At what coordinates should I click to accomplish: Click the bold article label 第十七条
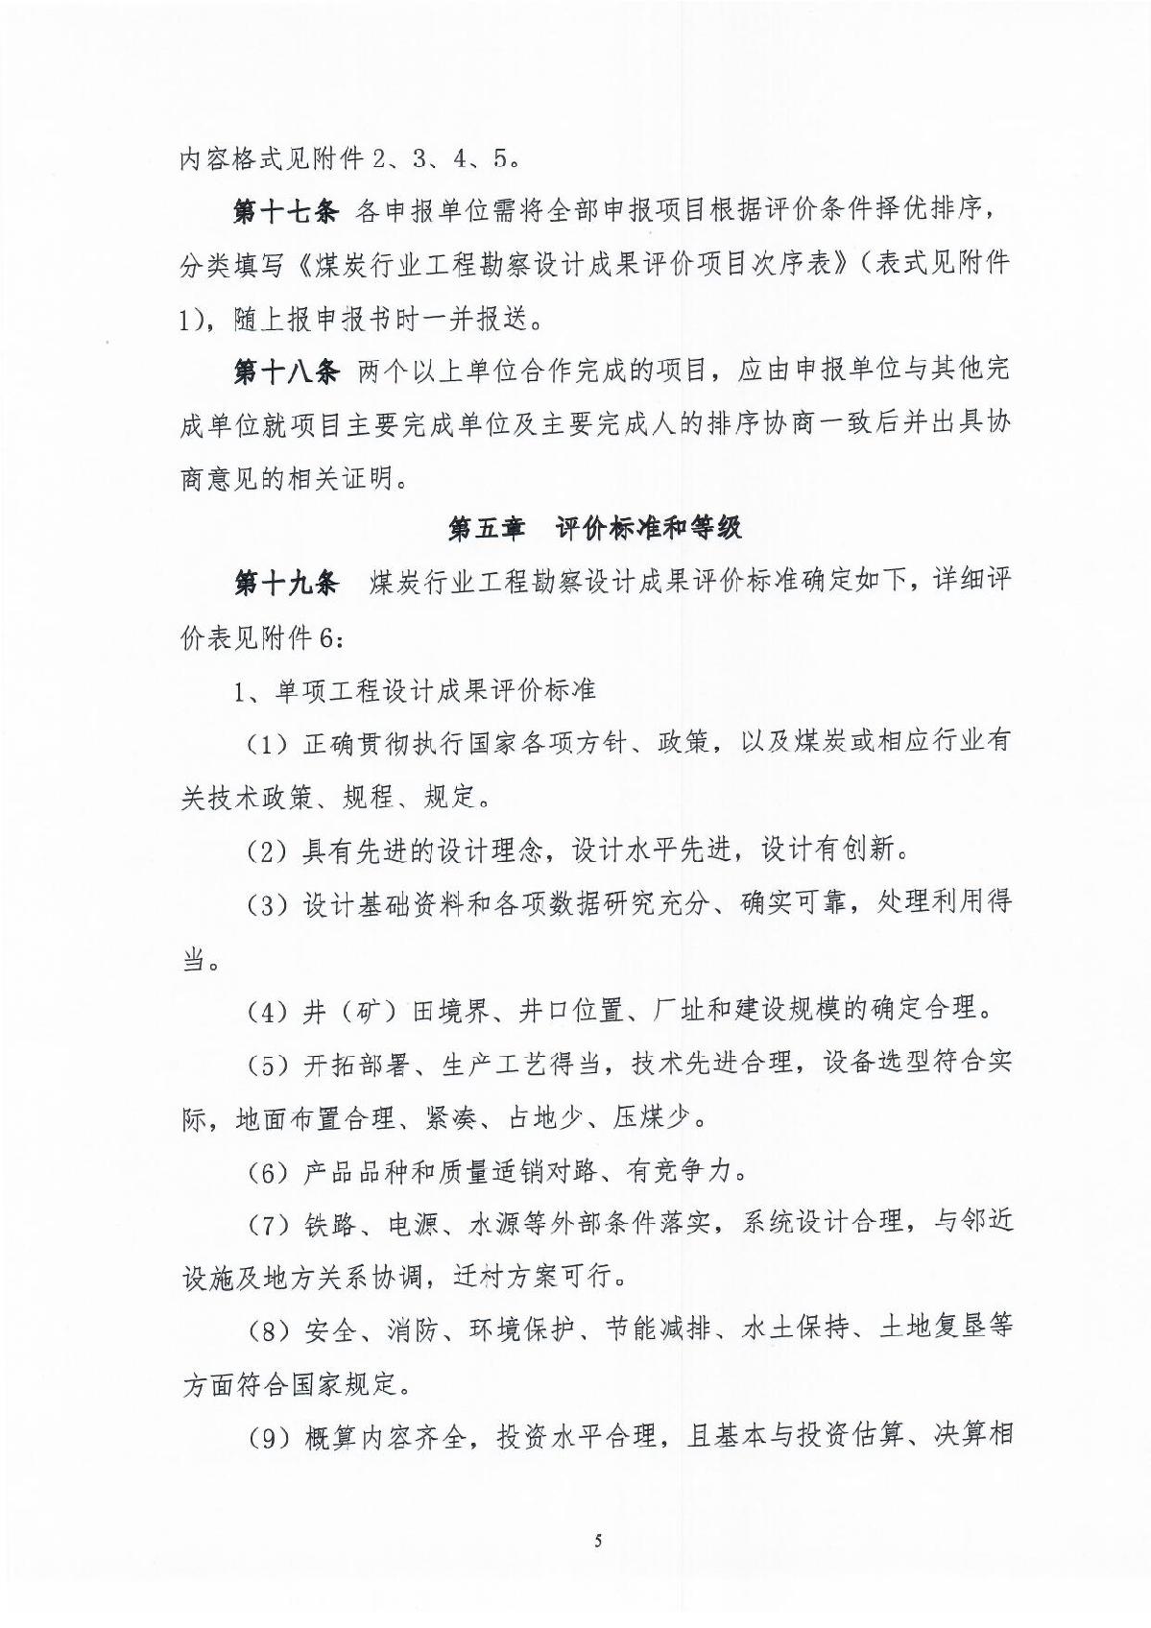(x=285, y=211)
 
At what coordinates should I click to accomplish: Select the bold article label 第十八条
(x=285, y=371)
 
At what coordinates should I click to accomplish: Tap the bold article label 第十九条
(x=285, y=582)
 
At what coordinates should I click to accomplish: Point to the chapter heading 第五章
(x=486, y=528)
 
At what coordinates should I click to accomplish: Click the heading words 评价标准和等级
(x=648, y=528)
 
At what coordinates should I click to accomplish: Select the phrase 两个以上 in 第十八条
(x=411, y=371)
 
